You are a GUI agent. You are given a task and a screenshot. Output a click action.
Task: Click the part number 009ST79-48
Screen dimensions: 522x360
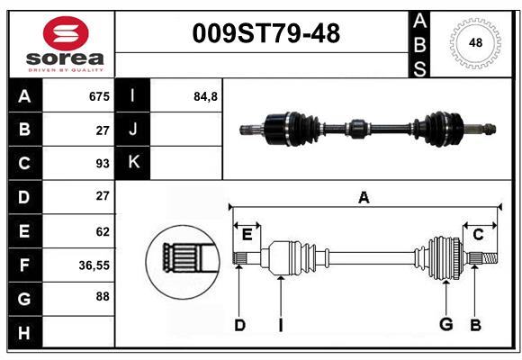coord(266,33)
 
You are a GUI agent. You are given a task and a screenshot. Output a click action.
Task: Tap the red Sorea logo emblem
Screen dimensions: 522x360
coord(66,33)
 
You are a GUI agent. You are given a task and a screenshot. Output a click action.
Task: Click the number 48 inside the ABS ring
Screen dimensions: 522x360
coord(475,42)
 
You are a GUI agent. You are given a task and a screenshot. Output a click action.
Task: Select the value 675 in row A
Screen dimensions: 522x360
coord(99,96)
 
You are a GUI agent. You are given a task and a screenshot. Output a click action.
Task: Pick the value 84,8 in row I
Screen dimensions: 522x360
coord(205,96)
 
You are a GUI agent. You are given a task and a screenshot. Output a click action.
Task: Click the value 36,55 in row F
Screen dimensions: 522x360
coord(94,265)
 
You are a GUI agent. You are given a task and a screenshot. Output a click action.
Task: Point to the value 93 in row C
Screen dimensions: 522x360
coord(103,164)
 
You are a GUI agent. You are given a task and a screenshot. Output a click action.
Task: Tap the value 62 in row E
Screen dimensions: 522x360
coord(103,231)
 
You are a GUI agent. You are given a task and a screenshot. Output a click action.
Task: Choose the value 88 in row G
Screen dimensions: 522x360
coord(103,296)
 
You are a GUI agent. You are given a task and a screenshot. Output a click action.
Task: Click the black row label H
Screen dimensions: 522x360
coord(25,332)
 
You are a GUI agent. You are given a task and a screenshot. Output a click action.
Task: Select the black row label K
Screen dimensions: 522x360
coord(133,163)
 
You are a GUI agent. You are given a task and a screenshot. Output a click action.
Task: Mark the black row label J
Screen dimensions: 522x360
coord(133,130)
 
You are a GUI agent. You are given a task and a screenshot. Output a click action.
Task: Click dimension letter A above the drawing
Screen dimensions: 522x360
coord(364,197)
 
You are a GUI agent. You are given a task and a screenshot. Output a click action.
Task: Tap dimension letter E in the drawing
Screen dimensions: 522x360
coord(247,235)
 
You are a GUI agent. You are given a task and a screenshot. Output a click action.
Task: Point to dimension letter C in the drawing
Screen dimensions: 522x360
coord(478,235)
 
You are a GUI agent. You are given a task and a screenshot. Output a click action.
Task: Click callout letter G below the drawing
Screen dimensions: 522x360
coord(445,324)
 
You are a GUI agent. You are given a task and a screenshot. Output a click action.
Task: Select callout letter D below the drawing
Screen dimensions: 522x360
coord(239,325)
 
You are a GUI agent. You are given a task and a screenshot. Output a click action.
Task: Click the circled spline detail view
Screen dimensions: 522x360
coord(183,262)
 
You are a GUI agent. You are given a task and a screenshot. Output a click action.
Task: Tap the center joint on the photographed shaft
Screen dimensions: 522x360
coord(357,129)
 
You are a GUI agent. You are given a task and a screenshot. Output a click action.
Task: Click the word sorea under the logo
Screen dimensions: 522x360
coord(65,58)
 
